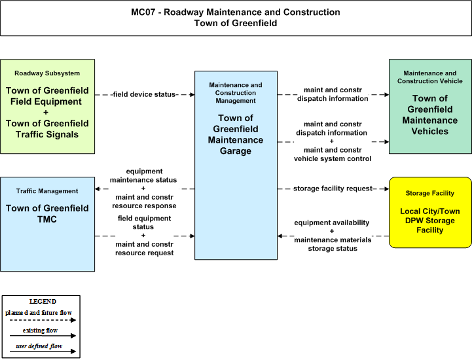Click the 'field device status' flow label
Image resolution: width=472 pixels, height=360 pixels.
(x=144, y=94)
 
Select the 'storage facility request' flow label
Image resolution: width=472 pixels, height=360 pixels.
(x=333, y=189)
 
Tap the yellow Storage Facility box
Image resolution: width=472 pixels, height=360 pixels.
(x=430, y=213)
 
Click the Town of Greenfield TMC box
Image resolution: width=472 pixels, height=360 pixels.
(x=48, y=225)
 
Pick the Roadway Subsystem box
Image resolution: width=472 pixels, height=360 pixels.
(x=48, y=107)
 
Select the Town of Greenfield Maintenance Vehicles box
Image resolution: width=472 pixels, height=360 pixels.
(x=430, y=107)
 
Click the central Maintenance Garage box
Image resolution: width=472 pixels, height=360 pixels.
(x=236, y=165)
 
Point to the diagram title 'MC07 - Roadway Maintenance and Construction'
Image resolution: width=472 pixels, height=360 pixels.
(x=236, y=12)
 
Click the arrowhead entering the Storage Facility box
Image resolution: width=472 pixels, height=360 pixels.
(x=386, y=189)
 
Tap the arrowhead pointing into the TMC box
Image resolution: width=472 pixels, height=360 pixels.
(x=98, y=189)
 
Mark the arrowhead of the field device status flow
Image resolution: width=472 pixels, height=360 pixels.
(x=192, y=94)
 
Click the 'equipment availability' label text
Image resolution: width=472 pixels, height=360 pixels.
(x=332, y=223)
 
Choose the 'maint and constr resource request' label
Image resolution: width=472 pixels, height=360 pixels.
(x=145, y=248)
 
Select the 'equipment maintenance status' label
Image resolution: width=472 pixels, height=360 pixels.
(x=143, y=175)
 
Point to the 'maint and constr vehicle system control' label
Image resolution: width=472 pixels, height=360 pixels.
(x=333, y=154)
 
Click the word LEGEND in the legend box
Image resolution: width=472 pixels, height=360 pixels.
(x=43, y=301)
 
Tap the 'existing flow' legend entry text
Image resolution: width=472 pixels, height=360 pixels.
(x=40, y=330)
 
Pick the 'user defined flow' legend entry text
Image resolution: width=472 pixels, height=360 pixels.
(x=39, y=346)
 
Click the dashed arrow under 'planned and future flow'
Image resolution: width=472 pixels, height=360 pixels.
(x=43, y=320)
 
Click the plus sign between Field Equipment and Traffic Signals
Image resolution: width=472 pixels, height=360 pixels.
(x=46, y=113)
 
